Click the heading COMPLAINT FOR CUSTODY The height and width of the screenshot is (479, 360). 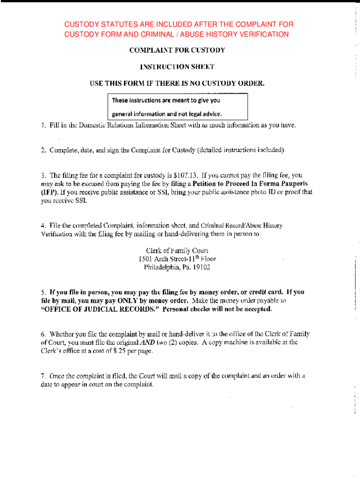(x=177, y=50)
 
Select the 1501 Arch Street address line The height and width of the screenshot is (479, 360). (x=177, y=258)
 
